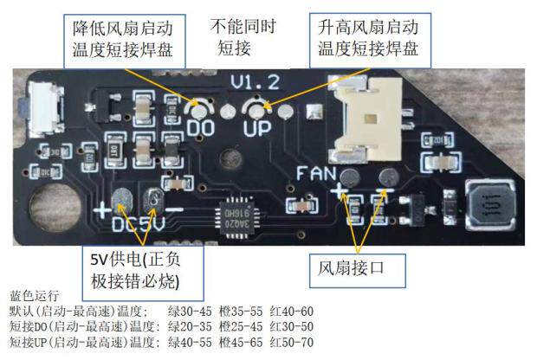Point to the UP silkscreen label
click(257, 130)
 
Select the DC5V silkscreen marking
click(138, 225)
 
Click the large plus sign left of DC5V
click(105, 210)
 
